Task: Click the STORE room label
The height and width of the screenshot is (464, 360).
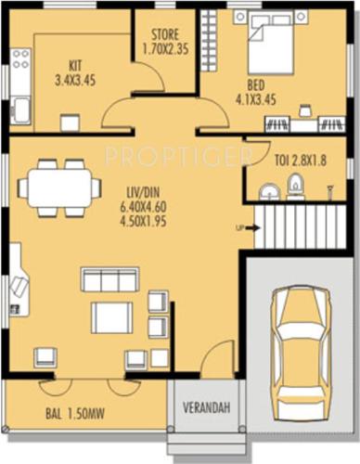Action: [165, 42]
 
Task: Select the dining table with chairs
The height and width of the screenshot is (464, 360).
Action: [58, 187]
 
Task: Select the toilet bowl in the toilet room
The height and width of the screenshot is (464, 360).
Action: [295, 188]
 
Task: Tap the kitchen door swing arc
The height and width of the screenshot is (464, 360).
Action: [120, 113]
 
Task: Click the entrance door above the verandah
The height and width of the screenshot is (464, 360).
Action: [217, 360]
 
